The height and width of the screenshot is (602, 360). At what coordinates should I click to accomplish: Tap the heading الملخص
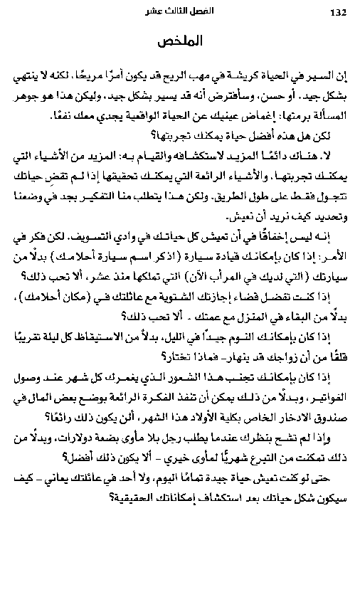coord(180,43)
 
